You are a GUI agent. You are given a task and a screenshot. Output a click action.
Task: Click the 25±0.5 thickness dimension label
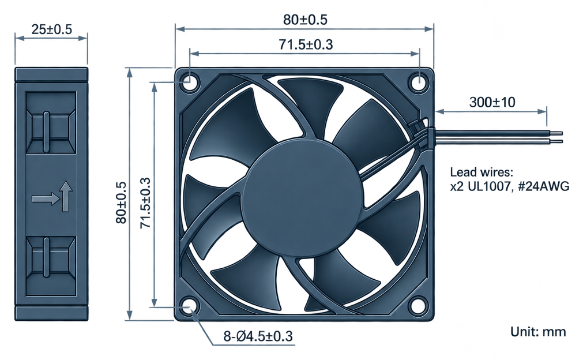[51, 29]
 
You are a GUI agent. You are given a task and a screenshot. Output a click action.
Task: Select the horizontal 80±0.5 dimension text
[305, 20]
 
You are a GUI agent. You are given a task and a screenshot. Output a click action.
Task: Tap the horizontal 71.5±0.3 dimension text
[306, 44]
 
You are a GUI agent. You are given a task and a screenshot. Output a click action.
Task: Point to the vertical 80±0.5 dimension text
[121, 202]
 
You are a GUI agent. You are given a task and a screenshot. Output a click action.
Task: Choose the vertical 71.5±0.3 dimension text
[145, 203]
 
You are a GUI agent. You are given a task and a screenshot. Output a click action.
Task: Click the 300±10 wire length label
[492, 102]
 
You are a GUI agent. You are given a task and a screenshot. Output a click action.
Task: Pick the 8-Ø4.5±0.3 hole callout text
[258, 336]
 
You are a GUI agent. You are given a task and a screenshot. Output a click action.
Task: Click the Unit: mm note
[538, 331]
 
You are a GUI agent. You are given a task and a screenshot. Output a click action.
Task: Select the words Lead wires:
[482, 172]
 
